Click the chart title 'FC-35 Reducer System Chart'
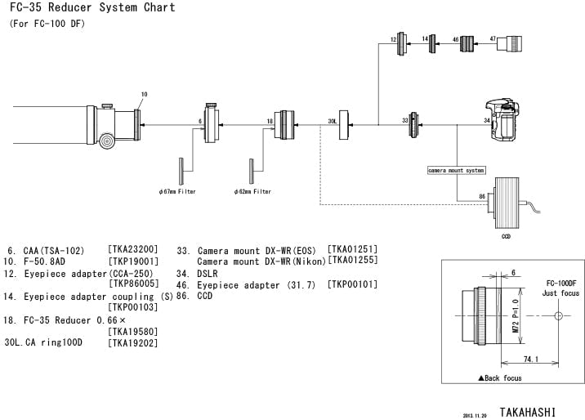(92, 7)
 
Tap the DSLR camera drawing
(503, 124)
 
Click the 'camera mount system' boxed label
(456, 171)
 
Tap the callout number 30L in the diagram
(332, 120)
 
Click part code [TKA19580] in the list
(132, 331)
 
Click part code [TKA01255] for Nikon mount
(352, 261)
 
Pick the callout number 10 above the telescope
(144, 95)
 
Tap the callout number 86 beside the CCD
(481, 197)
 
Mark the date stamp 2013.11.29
(475, 415)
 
